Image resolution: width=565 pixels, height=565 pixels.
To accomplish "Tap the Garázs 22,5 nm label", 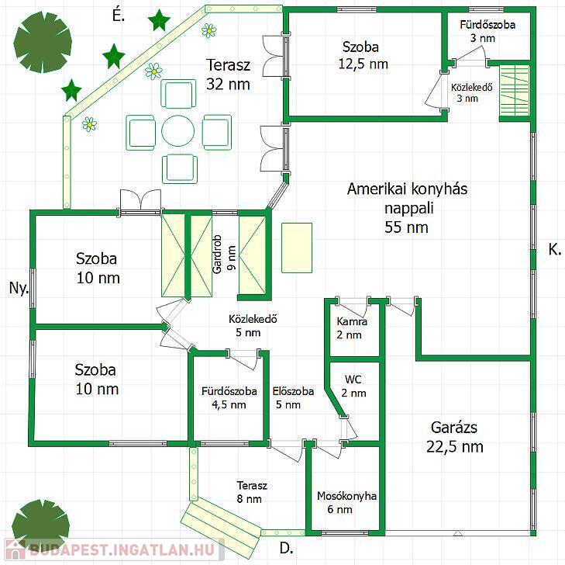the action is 454,437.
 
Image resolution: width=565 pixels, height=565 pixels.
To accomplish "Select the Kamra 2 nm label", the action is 351,328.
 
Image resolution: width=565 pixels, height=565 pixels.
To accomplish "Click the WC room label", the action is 353,386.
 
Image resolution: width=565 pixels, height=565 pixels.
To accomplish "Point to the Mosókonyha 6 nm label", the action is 346,503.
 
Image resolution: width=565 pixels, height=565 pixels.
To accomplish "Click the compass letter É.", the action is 118,16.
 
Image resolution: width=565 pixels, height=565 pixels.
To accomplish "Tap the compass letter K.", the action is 555,249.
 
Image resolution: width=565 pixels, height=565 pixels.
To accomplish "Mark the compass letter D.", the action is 286,548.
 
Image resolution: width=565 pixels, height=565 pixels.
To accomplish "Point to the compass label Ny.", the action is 19,288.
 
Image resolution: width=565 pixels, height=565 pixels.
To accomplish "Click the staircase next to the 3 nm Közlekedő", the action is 515,92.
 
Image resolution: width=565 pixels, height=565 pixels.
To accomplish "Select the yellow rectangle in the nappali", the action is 297,248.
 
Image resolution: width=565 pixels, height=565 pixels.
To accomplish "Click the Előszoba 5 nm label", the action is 293,398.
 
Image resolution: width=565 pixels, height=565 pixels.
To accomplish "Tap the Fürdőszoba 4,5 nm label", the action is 229,398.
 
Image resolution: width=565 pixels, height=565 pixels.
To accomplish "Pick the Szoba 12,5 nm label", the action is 363,55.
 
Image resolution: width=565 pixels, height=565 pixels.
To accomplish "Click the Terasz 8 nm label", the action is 252,492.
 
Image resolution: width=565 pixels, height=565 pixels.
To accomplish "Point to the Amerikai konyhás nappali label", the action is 407,208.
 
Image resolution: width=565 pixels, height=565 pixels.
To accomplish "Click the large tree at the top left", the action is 43,42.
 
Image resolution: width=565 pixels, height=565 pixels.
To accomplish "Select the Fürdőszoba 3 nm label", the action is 487,31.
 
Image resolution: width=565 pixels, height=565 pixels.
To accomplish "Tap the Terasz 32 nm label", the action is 228,75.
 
